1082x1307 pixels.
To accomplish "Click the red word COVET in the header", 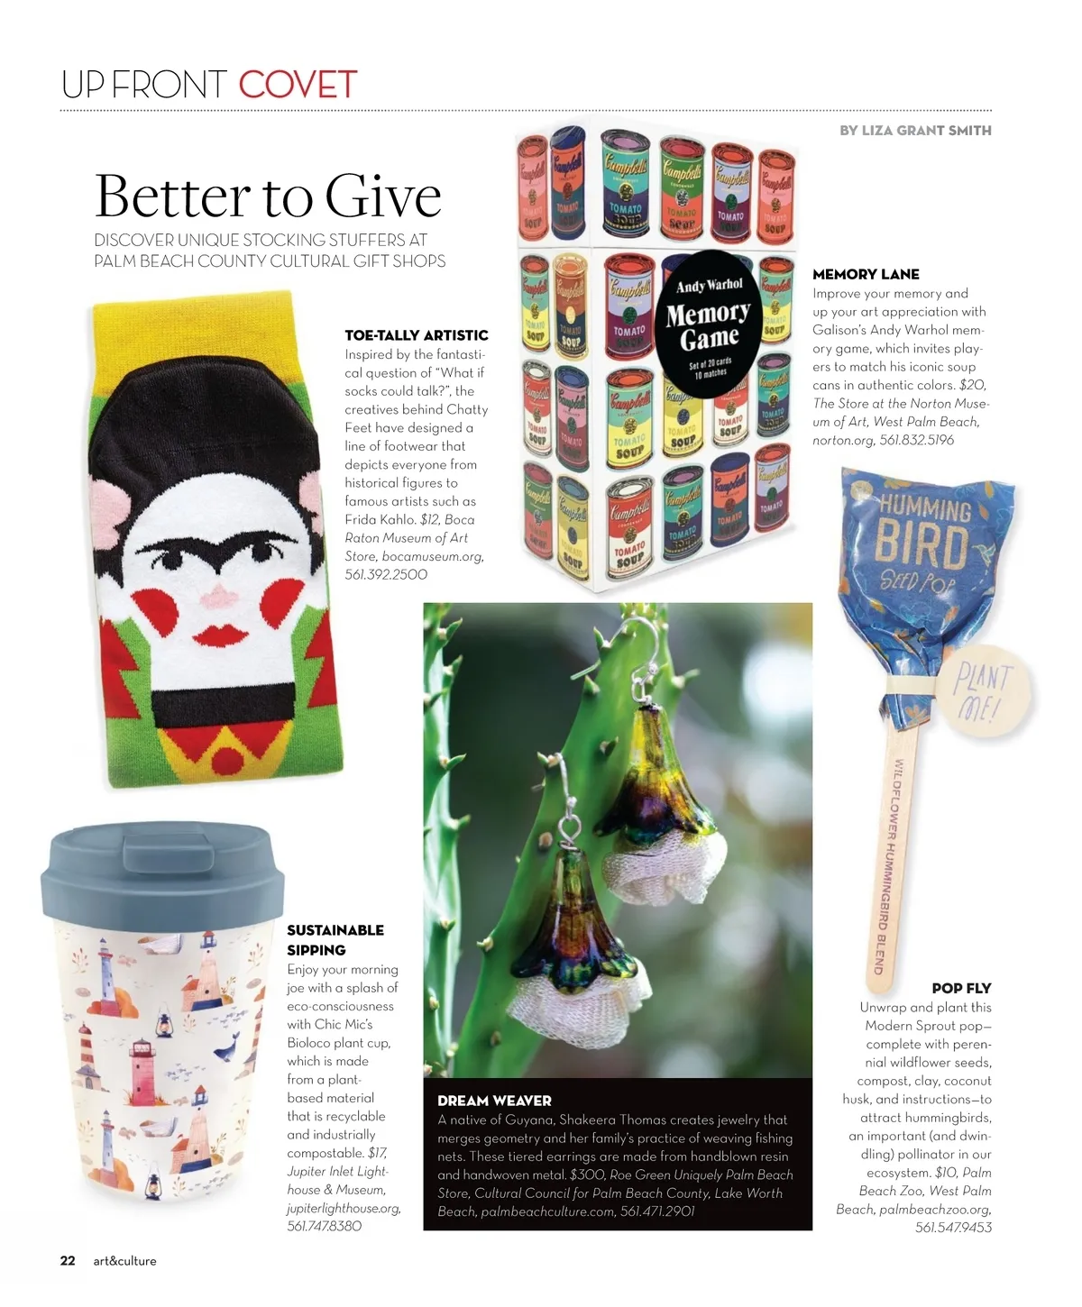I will [x=298, y=85].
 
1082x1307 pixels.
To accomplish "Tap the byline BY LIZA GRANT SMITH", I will [x=915, y=131].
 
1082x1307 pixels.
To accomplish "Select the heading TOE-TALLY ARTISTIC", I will [x=416, y=335].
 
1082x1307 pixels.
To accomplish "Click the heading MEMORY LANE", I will [x=866, y=274].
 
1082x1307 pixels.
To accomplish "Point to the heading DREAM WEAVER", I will [x=494, y=1101].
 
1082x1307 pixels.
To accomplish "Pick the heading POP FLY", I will [x=961, y=988].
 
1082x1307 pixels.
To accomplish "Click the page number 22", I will [x=68, y=1261].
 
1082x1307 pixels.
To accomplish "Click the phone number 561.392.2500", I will [x=386, y=574].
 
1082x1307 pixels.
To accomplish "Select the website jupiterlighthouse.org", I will [x=343, y=1208].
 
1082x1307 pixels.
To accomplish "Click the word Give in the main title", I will [x=383, y=196].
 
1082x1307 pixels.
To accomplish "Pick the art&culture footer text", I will [x=124, y=1261].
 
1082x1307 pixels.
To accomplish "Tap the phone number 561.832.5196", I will [x=916, y=440].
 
